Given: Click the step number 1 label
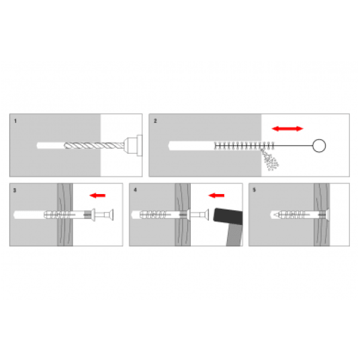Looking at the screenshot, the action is (x=15, y=121).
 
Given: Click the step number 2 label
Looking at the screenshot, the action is (x=155, y=121).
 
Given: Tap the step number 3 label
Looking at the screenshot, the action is (x=15, y=190).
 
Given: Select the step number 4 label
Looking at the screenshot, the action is (x=135, y=190).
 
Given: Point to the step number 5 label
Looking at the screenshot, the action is (x=254, y=190).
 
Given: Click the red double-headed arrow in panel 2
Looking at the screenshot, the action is (x=287, y=128).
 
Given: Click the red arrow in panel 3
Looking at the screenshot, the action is (x=97, y=195).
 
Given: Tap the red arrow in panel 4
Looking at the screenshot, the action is (x=216, y=195).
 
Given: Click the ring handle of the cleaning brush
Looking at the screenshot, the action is (x=319, y=139).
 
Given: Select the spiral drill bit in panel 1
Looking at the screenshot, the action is (x=94, y=145).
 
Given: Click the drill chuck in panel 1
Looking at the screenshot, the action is (x=133, y=146).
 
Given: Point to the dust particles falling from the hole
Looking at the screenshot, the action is (x=271, y=160).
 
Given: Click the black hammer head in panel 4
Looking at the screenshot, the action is (x=228, y=216).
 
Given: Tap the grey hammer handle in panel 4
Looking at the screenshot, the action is (x=234, y=234).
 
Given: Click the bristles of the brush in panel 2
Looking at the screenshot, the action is (x=244, y=146).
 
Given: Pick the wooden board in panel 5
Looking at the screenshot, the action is (x=322, y=215).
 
